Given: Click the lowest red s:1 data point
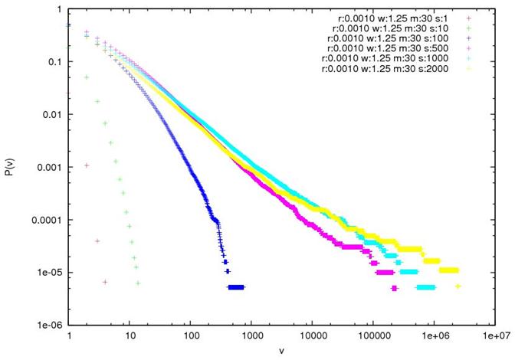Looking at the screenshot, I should (105, 283).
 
